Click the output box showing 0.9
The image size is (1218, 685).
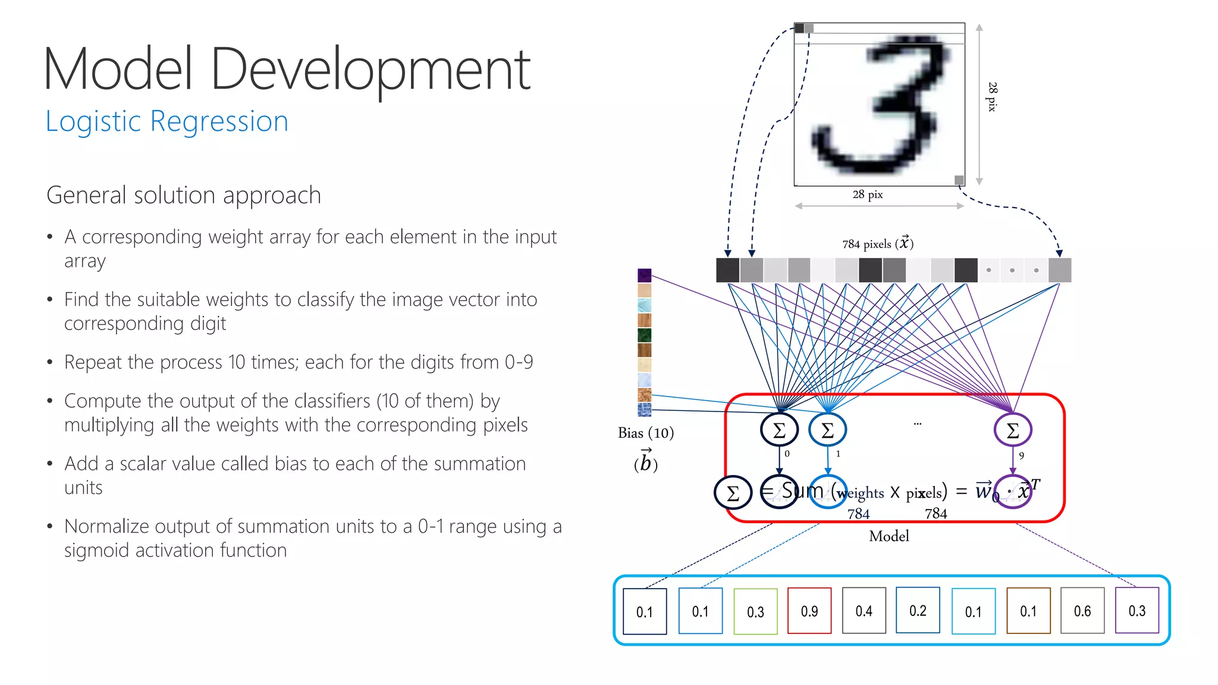809,611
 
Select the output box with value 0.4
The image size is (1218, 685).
864,611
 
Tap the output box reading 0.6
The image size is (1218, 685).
1082,611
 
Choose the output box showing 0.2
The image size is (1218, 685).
918,610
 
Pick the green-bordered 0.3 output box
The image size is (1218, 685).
755,611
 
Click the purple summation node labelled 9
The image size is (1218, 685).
1013,430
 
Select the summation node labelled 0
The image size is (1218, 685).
779,430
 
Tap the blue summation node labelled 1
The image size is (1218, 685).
827,430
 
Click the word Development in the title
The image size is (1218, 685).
370,70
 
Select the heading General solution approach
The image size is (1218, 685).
184,195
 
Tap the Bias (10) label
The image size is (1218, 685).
645,433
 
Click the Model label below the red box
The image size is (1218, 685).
889,536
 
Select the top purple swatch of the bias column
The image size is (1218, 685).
644,275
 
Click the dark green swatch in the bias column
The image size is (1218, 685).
644,335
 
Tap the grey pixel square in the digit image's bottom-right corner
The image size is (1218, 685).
959,180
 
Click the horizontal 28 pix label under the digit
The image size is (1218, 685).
868,194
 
